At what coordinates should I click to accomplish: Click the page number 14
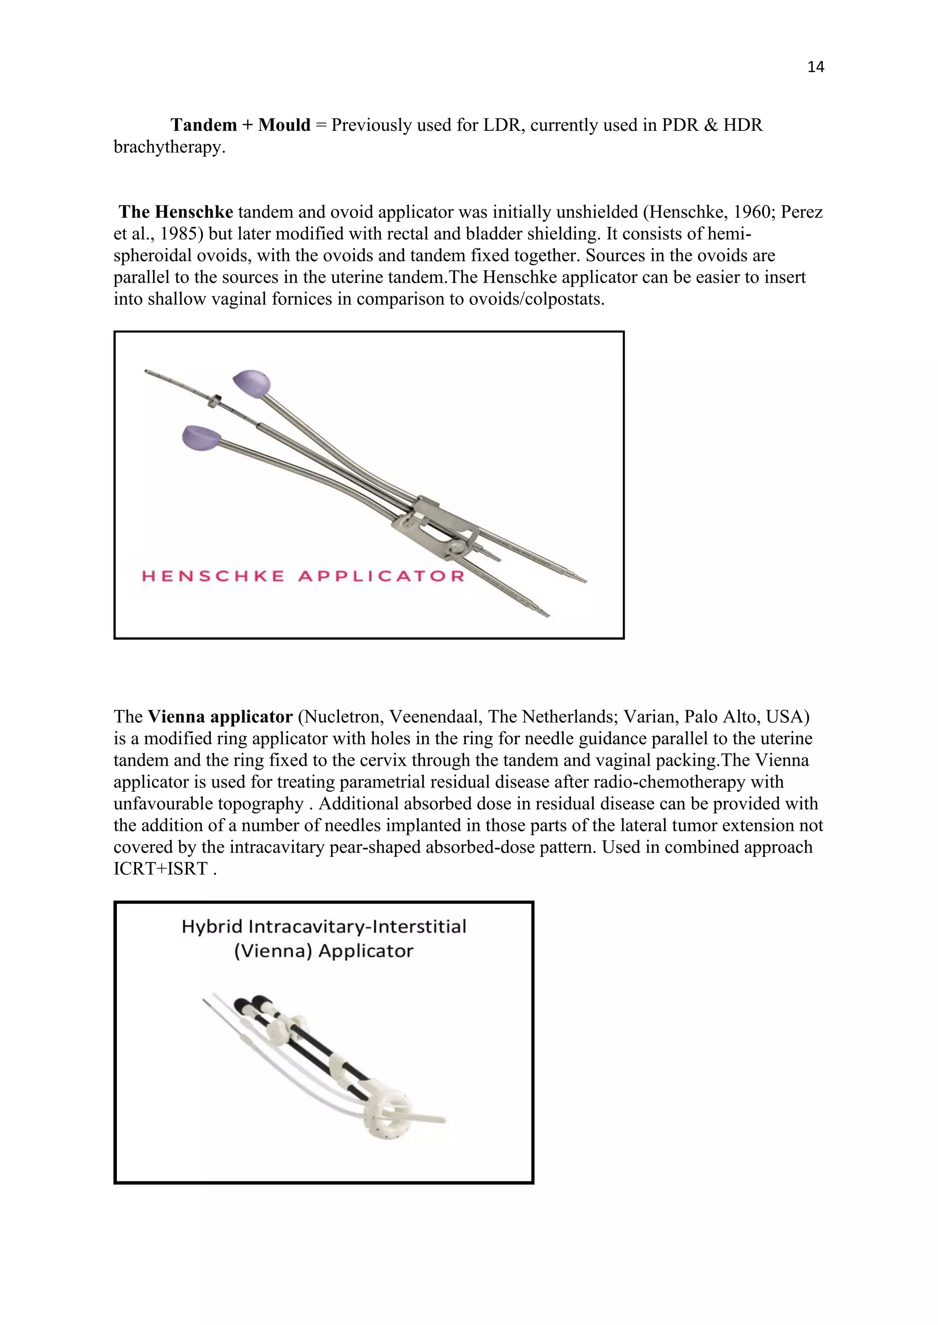pyautogui.click(x=815, y=67)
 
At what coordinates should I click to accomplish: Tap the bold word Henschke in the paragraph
pyautogui.click(x=194, y=212)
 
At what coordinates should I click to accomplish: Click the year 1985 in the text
pyautogui.click(x=177, y=234)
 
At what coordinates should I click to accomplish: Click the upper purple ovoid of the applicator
pyautogui.click(x=252, y=383)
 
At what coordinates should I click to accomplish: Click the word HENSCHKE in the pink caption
pyautogui.click(x=213, y=576)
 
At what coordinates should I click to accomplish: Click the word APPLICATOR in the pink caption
pyautogui.click(x=382, y=576)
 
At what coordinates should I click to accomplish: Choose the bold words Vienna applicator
pyautogui.click(x=220, y=717)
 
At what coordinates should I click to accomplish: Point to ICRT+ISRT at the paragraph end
pyautogui.click(x=161, y=868)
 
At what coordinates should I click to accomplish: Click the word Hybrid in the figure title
pyautogui.click(x=212, y=927)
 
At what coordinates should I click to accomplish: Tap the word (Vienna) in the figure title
pyautogui.click(x=273, y=951)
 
